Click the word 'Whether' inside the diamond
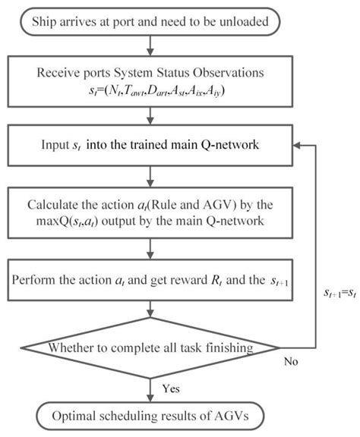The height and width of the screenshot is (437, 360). (x=71, y=348)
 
